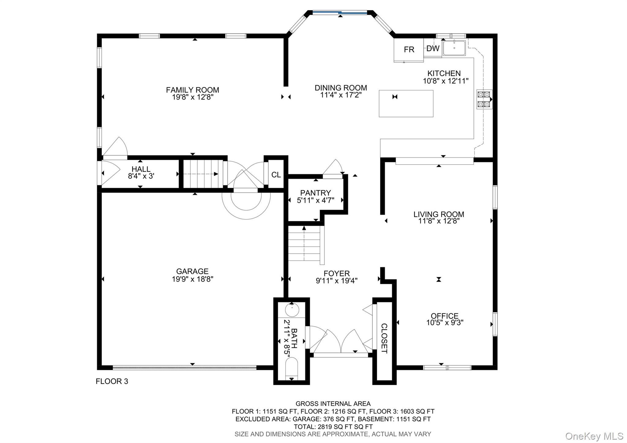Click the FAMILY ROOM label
coord(192,90)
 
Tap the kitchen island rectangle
coord(406,104)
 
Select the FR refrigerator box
coord(409,49)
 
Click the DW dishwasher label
coord(433,48)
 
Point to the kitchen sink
coord(454,48)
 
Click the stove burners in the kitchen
coord(484,99)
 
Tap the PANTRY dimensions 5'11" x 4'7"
coord(315,201)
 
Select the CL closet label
coord(276,175)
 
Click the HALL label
coord(141,169)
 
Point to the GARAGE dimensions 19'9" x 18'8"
coord(192,279)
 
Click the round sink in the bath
coord(292,310)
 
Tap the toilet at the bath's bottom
coord(291,369)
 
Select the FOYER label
coord(336,273)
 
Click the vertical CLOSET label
coord(384,338)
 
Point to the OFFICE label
coord(445,316)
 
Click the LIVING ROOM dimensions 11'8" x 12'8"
coord(439,221)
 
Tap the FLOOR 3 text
coord(112,381)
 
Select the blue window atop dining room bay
coord(340,13)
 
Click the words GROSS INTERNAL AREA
coord(333,404)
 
